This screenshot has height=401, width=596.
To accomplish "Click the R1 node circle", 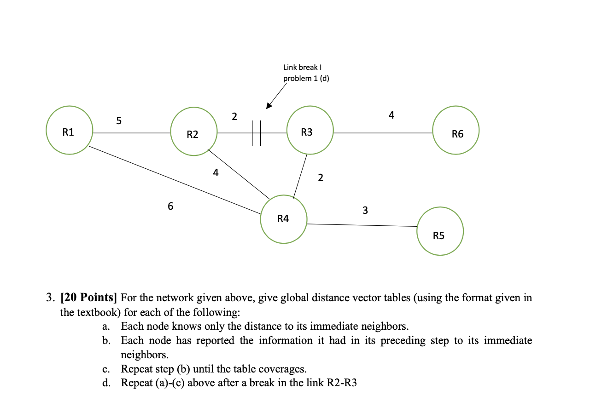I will click(x=69, y=131).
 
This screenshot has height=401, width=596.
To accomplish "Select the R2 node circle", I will click(x=193, y=132).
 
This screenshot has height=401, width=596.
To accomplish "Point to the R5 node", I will click(x=440, y=231).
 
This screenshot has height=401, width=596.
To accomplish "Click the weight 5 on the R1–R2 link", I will click(x=119, y=121).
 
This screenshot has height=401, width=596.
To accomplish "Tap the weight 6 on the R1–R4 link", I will click(x=170, y=206).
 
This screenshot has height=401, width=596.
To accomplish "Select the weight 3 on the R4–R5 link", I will click(x=365, y=211).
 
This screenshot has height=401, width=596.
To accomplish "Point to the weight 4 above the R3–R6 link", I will click(x=391, y=115).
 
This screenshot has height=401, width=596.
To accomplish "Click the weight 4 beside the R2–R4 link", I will click(x=216, y=173).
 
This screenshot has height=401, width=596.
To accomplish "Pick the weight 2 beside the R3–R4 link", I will click(x=321, y=178).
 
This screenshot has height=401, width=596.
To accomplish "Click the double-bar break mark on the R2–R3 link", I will click(x=257, y=133).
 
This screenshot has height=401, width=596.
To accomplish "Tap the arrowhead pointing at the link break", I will click(x=269, y=106).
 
